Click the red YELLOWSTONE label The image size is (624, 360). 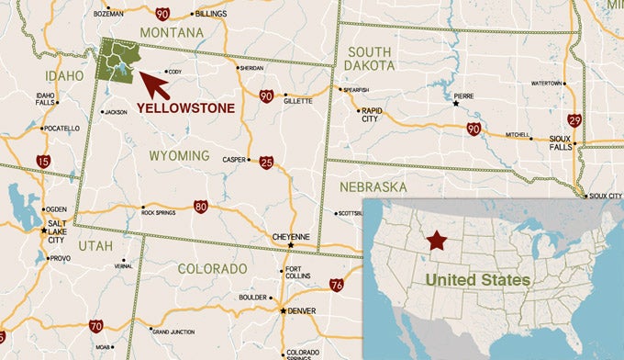[x=185, y=108]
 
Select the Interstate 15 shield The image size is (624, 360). [x=43, y=162]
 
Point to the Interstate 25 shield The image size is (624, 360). [x=265, y=163]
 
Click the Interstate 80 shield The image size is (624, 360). [x=201, y=208]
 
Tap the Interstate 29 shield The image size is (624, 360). [x=574, y=120]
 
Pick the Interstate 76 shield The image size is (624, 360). [x=337, y=286]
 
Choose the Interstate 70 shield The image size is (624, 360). [x=95, y=326]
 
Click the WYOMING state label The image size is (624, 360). [x=179, y=156]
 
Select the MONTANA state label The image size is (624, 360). [x=172, y=33]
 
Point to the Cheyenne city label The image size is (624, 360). [x=293, y=235]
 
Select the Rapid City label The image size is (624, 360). [x=371, y=115]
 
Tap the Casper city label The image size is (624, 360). [x=234, y=160]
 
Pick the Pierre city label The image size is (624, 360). [x=466, y=94]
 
